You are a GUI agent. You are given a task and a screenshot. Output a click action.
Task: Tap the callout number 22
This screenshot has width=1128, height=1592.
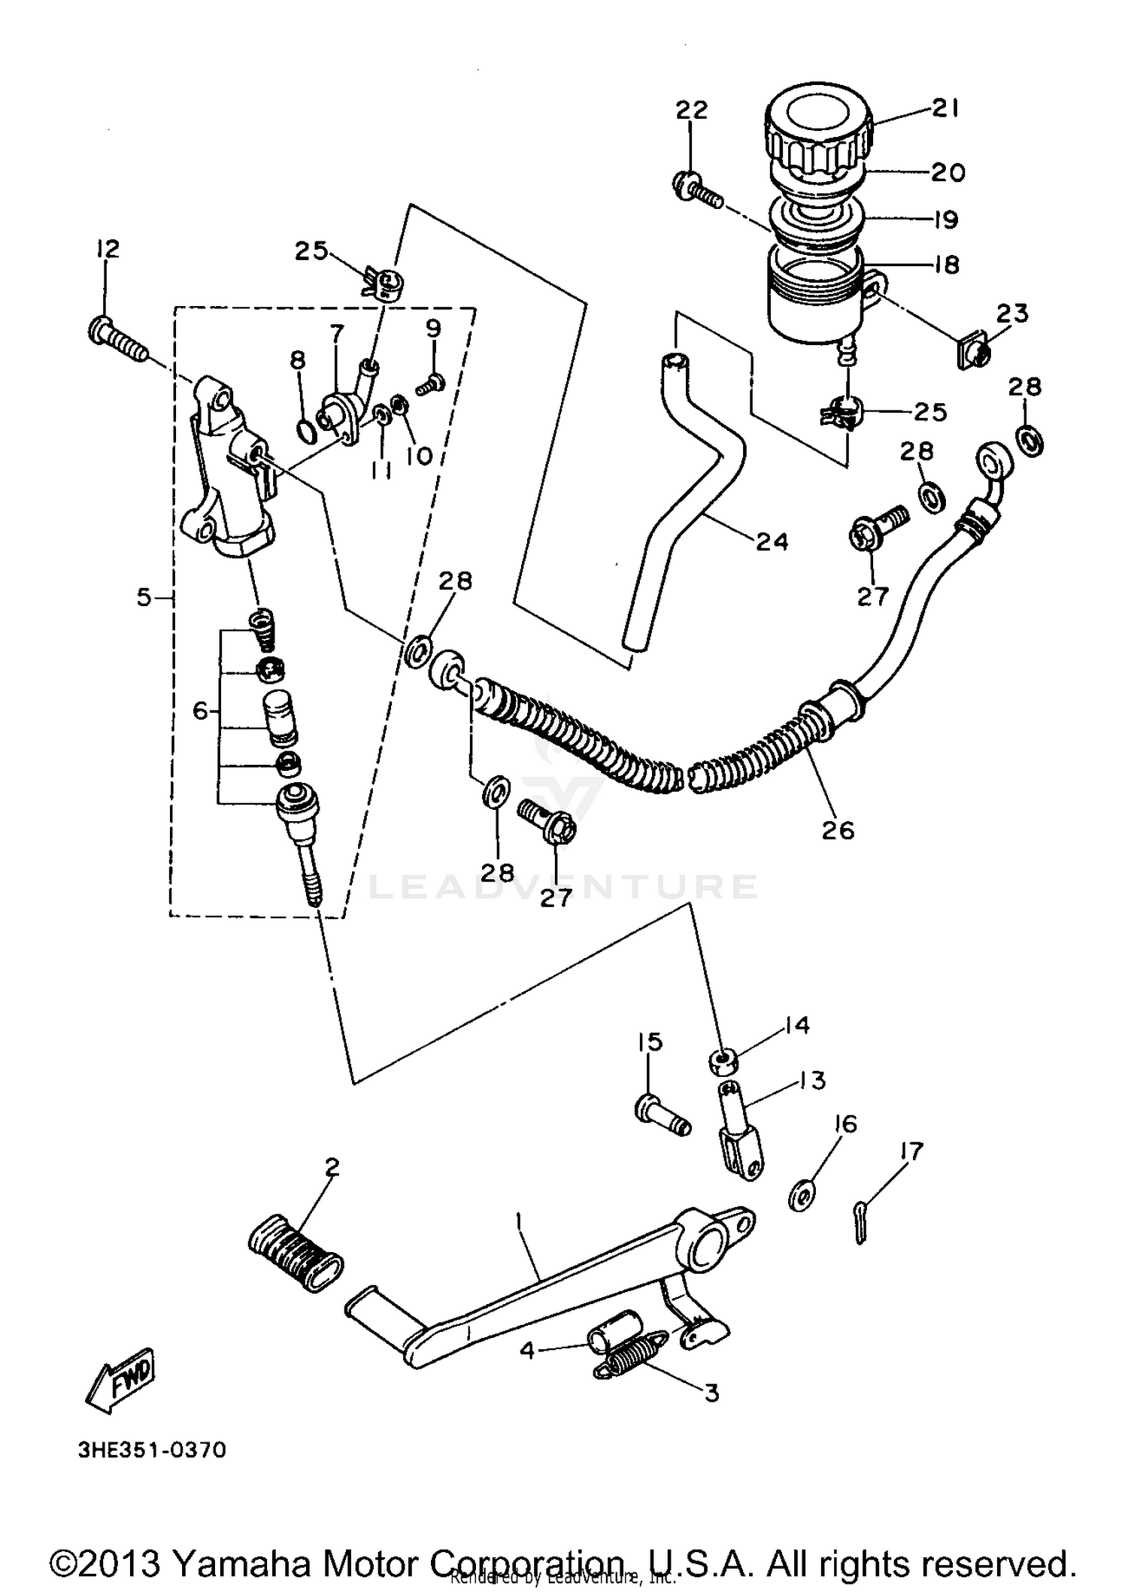691,111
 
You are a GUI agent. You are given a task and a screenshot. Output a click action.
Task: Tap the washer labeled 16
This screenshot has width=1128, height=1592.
802,1196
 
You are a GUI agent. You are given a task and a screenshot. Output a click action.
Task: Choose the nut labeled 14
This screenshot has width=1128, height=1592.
723,1062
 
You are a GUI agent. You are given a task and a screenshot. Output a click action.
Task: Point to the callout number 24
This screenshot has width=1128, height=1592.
772,541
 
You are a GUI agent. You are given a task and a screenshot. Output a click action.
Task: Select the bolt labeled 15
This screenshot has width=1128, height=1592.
663,1115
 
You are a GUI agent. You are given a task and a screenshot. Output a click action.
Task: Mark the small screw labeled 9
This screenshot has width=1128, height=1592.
432,386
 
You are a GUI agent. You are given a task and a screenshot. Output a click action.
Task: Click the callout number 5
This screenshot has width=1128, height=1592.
144,598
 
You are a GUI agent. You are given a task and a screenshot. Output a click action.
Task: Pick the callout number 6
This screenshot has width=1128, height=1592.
200,710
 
